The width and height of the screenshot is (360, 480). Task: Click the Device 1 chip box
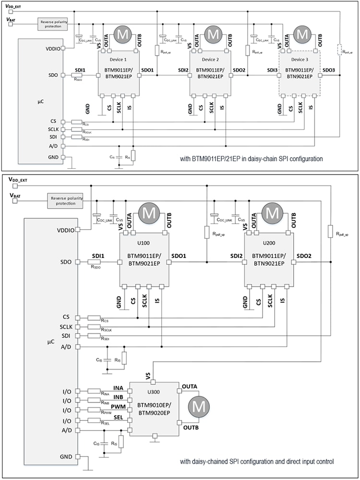pos(119,73)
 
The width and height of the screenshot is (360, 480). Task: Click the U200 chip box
pos(269,259)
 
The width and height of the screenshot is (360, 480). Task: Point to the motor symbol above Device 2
pos(212,35)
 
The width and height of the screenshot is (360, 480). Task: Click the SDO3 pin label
pos(329,70)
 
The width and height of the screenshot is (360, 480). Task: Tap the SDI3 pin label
pos(272,70)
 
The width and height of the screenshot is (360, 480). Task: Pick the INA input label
pos(119,387)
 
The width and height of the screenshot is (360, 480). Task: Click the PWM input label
pos(119,406)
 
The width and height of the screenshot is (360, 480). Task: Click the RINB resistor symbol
pos(94,401)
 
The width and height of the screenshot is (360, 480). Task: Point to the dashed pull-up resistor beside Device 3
pos(340,50)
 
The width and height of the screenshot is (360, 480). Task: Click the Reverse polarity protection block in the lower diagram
pos(65,200)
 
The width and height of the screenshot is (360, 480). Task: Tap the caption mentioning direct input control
pos(257,462)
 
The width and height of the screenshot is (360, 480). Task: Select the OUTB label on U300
pos(191,427)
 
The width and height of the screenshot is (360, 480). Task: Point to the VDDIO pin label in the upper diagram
pos(51,48)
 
